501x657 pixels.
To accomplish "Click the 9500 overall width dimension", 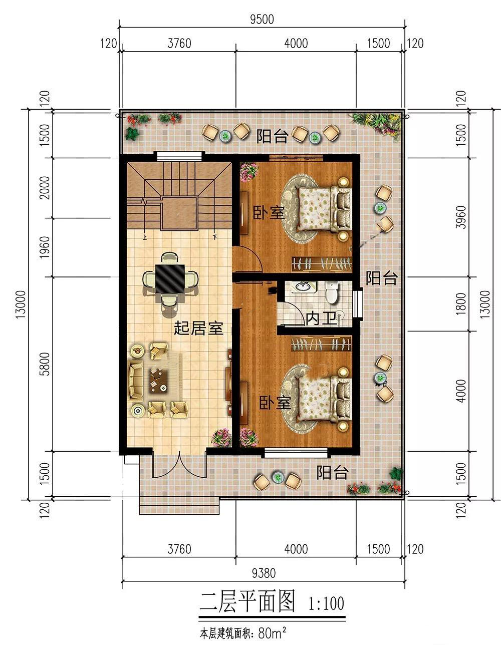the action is tap(262, 20).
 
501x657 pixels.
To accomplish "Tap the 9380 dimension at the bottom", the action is tap(264, 573).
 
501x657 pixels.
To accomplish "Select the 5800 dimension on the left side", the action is tap(45, 364).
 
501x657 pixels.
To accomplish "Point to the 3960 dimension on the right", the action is tap(461, 217).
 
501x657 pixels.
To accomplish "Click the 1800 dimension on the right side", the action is tap(461, 303).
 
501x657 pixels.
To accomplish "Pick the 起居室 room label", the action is tap(198, 328).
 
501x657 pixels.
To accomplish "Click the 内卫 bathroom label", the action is tap(321, 318).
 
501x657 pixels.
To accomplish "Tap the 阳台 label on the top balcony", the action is tap(272, 137).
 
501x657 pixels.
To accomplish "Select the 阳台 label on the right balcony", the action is tap(381, 278).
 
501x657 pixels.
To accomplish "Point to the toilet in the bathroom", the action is tap(332, 293).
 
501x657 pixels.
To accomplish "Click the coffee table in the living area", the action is tap(158, 381).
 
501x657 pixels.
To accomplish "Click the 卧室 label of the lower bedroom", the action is tap(275, 403).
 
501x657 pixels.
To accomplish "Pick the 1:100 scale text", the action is tap(326, 603).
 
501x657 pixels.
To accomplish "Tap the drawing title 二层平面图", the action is tap(247, 601).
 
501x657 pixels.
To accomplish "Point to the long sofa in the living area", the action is tap(135, 381).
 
